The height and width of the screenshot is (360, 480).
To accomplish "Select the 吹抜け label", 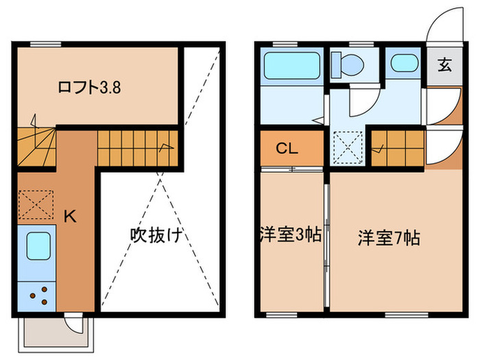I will tap(156, 235).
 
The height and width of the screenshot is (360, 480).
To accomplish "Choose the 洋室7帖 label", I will tap(389, 238).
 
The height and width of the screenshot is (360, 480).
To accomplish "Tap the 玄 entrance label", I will tap(443, 66).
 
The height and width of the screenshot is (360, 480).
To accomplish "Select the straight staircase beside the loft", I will tap(137, 147).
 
